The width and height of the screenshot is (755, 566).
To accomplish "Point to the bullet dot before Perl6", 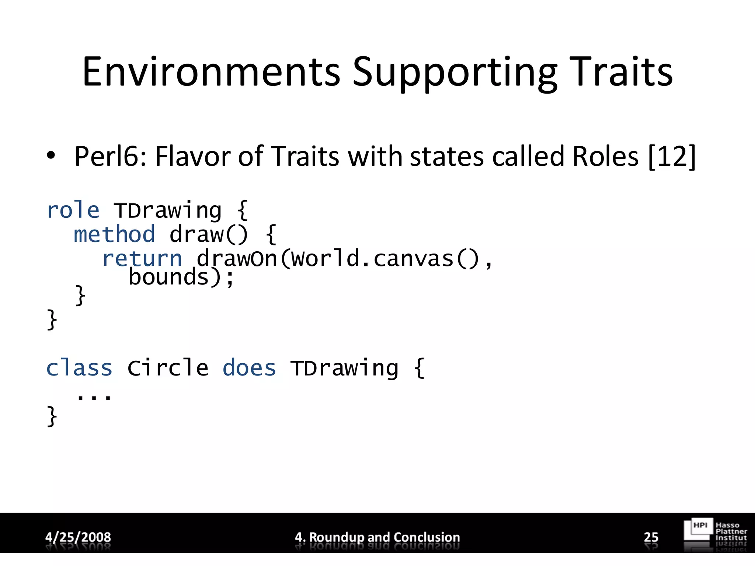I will click(x=51, y=156).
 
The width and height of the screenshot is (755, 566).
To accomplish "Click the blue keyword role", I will click(x=73, y=211).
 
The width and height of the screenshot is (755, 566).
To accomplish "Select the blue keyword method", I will click(x=114, y=235).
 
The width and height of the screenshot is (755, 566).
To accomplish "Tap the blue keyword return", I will click(x=142, y=259).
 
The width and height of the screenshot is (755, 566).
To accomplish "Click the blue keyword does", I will click(x=249, y=368).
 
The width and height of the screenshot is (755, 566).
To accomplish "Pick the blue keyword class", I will click(x=79, y=368).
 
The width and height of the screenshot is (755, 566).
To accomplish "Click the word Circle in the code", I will click(x=168, y=368).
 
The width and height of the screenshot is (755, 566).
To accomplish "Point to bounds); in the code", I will click(x=181, y=277).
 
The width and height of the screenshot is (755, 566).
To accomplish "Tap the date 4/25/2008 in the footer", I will click(x=78, y=537).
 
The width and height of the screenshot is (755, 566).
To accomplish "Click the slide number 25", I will click(x=651, y=537).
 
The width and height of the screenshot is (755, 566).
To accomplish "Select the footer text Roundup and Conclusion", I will click(x=384, y=537).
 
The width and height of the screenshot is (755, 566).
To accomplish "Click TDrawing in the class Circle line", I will click(x=344, y=368).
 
